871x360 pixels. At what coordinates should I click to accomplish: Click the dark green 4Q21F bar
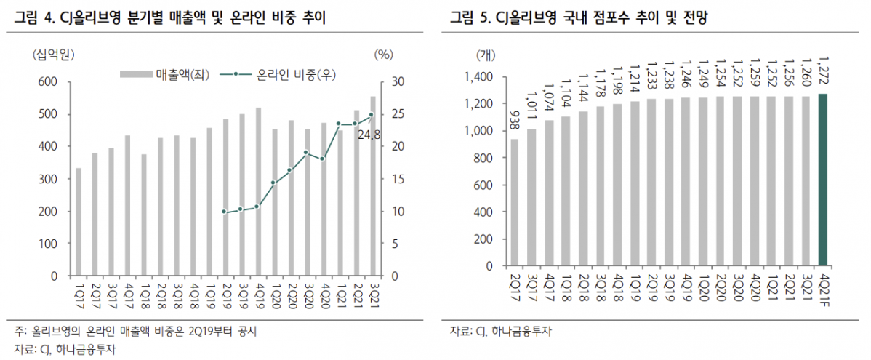pyautogui.click(x=823, y=180)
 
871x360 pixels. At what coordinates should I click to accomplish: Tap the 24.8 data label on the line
pyautogui.click(x=370, y=133)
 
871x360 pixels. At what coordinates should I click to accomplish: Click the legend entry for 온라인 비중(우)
pyautogui.click(x=286, y=74)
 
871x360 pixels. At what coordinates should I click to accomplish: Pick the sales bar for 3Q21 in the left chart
pyautogui.click(x=373, y=186)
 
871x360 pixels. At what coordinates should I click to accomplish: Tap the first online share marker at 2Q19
pyautogui.click(x=225, y=212)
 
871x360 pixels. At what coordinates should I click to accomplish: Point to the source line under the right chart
pyautogui.click(x=501, y=332)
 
